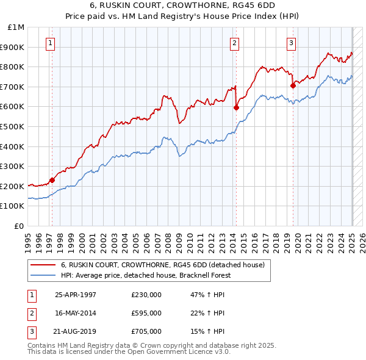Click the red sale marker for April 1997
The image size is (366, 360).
[x=52, y=180]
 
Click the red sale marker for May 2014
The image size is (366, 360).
[x=236, y=107]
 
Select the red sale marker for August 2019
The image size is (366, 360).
[x=293, y=85]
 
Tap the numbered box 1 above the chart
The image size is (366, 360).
[x=49, y=43]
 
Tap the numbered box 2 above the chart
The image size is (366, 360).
[x=234, y=43]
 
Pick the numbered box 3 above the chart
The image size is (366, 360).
[x=292, y=43]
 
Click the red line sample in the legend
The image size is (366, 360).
[x=43, y=265]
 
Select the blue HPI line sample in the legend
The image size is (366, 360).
[x=43, y=276]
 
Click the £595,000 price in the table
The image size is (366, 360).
[x=146, y=313]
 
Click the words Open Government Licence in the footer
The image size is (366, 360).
[x=170, y=352]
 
